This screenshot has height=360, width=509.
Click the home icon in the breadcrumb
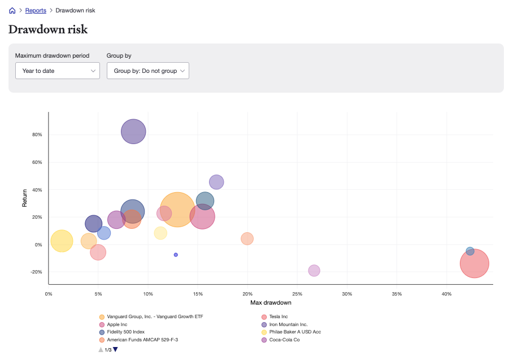[12, 10]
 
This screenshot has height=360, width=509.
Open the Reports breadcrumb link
[36, 10]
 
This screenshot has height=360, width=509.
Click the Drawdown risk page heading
[48, 29]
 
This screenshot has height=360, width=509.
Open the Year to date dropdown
[58, 71]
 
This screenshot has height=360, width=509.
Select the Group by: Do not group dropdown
[148, 71]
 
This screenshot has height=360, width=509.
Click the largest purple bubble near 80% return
[133, 132]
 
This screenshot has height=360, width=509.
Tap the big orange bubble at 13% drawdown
[177, 210]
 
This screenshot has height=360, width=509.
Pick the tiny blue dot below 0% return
[176, 255]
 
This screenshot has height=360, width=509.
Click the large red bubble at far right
[474, 263]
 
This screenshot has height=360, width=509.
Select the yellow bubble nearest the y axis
[62, 241]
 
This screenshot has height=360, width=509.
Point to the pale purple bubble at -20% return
[314, 271]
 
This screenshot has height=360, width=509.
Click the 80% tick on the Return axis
[37, 135]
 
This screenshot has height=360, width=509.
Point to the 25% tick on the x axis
[297, 294]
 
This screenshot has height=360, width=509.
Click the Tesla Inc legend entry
[278, 316]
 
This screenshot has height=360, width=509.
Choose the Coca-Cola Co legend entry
[284, 340]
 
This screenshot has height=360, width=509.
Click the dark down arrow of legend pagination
[116, 350]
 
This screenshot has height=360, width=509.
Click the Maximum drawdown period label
[52, 55]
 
